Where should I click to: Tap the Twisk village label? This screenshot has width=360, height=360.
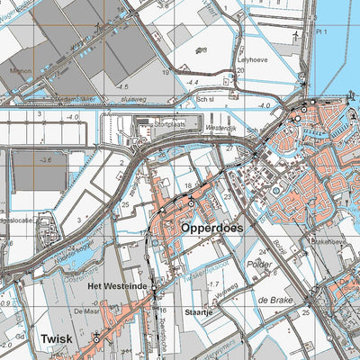pyautogui.click(x=56, y=339)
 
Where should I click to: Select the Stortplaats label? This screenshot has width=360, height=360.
pyautogui.click(x=173, y=125)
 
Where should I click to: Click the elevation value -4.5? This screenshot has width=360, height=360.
pyautogui.click(x=122, y=86)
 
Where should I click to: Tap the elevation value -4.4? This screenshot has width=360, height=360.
pyautogui.click(x=192, y=82)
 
